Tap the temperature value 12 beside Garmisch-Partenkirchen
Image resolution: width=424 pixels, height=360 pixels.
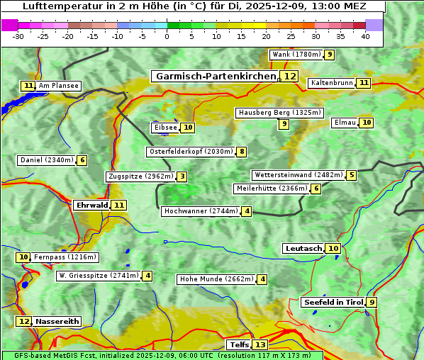[x=289, y=77]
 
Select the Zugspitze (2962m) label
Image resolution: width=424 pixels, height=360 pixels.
[x=140, y=176]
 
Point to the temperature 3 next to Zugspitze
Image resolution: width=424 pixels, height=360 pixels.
[x=182, y=176]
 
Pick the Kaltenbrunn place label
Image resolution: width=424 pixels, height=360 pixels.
[x=331, y=83]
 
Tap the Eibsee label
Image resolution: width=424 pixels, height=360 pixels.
[x=164, y=128]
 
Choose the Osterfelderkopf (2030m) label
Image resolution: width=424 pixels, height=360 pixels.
[x=191, y=152]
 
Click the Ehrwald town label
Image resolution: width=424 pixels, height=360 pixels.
[x=91, y=206]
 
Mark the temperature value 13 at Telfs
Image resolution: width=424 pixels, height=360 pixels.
[x=260, y=345]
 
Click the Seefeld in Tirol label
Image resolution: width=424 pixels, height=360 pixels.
[x=333, y=303]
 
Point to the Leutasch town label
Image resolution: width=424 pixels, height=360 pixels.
[x=303, y=249]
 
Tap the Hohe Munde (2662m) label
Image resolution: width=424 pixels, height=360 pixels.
[x=216, y=279]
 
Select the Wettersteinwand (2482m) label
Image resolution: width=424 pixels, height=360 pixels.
[x=298, y=175]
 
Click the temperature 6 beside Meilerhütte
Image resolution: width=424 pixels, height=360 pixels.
[x=316, y=189]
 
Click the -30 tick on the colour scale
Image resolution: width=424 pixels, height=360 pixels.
[x=18, y=36]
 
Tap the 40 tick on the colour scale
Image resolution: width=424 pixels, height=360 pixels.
[x=365, y=36]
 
